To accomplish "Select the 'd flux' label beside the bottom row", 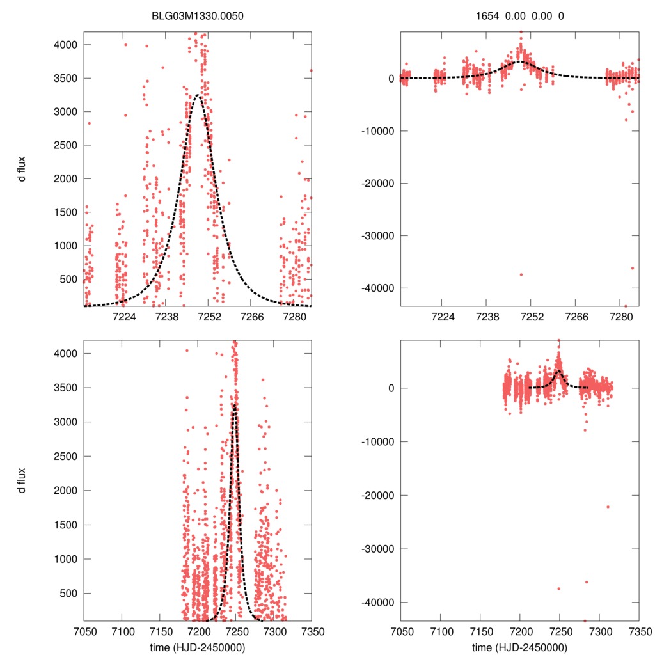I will tap(22, 480).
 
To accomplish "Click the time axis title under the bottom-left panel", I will tap(198, 647).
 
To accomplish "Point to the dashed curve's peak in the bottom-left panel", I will tap(235, 406).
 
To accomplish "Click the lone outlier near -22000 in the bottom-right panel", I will tap(608, 507).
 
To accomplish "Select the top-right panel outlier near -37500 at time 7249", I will tap(521, 274).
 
